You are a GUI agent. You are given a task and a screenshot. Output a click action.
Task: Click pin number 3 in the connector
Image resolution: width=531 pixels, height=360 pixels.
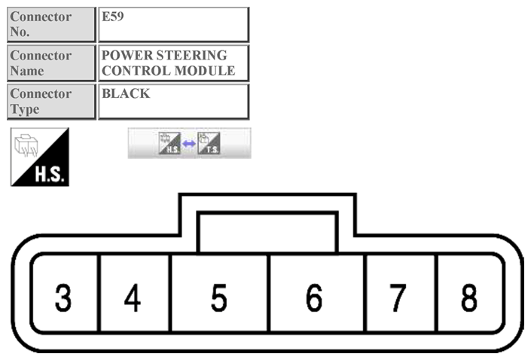click(x=63, y=298)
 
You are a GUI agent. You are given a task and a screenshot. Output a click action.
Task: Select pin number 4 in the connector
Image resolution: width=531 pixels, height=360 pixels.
click(x=133, y=298)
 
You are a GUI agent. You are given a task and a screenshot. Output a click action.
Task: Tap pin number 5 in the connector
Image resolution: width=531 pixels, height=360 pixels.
click(x=218, y=298)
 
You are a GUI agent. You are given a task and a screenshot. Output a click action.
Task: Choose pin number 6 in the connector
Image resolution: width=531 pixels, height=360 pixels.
click(x=315, y=298)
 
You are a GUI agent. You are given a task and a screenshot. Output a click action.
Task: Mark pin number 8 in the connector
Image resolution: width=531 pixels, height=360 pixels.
click(x=468, y=298)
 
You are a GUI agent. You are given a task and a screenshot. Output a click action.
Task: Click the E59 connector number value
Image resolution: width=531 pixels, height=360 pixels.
click(x=113, y=17)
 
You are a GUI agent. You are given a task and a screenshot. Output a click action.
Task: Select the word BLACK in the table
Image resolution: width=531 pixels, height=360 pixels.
click(x=126, y=94)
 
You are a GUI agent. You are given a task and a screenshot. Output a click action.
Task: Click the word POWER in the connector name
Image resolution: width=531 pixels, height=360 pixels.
click(x=124, y=56)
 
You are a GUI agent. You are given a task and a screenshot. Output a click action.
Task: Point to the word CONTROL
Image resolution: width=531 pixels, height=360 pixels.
click(x=134, y=71)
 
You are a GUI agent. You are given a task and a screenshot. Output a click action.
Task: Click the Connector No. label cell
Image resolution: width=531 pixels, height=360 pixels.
click(x=51, y=25)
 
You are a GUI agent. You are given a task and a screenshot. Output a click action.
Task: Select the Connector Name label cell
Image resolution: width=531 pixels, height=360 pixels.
click(x=51, y=63)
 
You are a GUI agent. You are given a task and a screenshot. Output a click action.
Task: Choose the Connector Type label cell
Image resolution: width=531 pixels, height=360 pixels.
click(x=51, y=102)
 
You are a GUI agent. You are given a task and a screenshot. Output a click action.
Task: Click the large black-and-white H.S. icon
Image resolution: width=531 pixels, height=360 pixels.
click(x=40, y=157)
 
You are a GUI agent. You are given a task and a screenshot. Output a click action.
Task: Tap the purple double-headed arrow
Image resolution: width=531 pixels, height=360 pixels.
click(x=189, y=143)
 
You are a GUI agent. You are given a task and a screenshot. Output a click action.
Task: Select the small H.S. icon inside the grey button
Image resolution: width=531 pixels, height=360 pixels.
click(x=169, y=143)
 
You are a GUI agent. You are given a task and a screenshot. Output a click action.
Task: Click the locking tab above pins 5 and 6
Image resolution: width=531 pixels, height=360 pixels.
click(x=267, y=231)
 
